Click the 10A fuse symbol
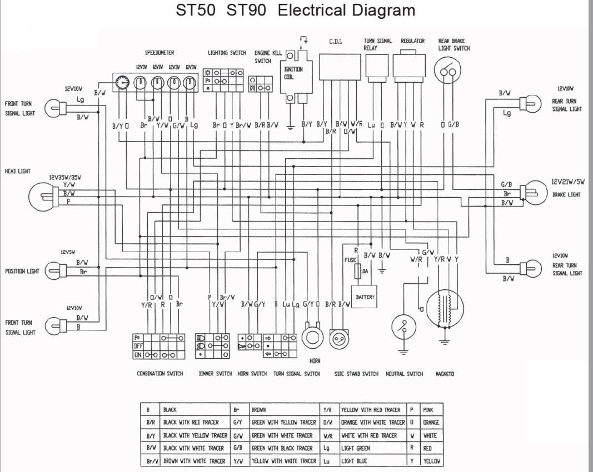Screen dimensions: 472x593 [x=358, y=272]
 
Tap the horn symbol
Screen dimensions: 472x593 [x=312, y=337]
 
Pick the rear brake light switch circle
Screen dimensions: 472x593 [x=447, y=72]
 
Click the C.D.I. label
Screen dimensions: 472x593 [x=336, y=41]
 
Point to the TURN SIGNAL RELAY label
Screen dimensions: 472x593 [x=378, y=44]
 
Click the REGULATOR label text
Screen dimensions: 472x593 [x=412, y=41]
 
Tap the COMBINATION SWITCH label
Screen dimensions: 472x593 [x=160, y=374]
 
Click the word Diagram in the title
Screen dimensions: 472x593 [x=383, y=10]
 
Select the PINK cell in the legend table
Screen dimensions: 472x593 [x=428, y=410]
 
